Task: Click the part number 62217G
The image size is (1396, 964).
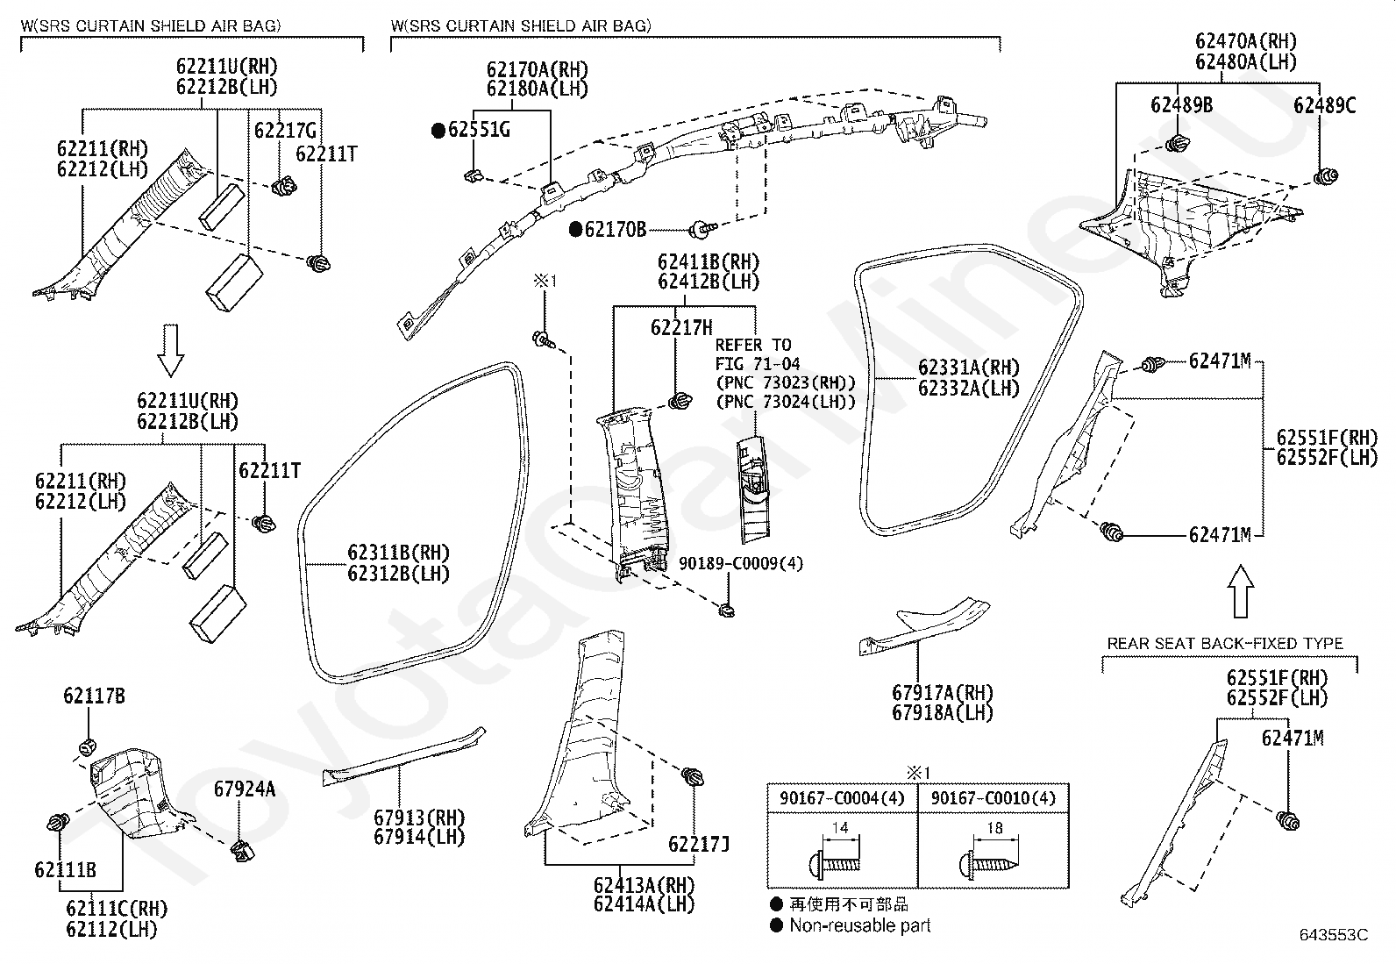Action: pos(285,131)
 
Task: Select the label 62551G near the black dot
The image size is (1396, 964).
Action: pos(479,130)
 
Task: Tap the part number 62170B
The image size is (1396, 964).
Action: pos(615,230)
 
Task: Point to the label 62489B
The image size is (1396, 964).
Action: pos(1181,104)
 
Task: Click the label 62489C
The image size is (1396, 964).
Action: pos(1324,105)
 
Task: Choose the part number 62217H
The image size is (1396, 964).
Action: pos(681,327)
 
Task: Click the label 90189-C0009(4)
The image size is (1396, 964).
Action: pos(741,563)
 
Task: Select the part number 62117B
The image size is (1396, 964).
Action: pos(94,696)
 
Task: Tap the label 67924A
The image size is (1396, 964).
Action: pos(245,789)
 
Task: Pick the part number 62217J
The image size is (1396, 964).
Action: pos(699,844)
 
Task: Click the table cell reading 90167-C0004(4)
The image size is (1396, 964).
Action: pos(842,798)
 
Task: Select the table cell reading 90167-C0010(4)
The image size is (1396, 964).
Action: pos(994,798)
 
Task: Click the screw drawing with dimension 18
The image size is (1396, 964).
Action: pos(988,865)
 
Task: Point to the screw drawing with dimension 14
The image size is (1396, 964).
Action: pos(835,865)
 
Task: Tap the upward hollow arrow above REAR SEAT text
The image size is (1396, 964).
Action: pos(1240,591)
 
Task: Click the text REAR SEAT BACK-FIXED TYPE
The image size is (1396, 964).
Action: pos(1225,643)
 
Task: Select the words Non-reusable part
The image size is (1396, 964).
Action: pos(860,925)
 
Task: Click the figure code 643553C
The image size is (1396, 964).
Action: pos(1334,935)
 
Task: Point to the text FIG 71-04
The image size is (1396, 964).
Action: pos(758,363)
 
